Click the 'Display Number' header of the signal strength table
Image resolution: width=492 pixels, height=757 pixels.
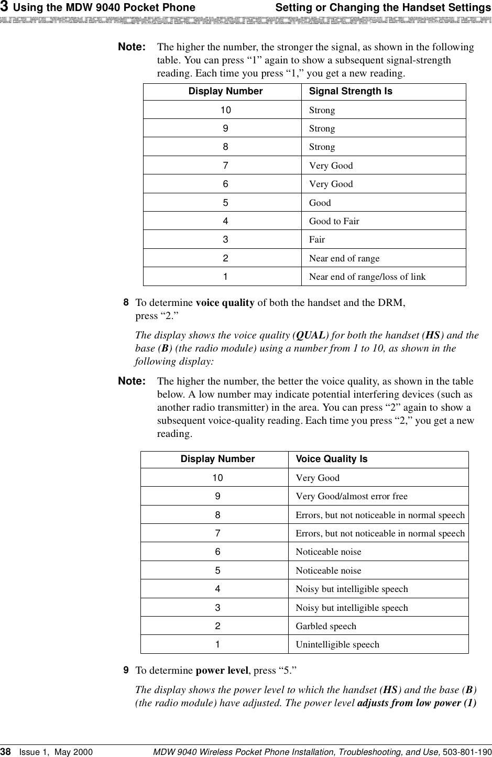pos(225,91)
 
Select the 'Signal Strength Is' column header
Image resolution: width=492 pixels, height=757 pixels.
pos(351,91)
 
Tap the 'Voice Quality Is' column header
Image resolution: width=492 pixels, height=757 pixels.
pos(332,459)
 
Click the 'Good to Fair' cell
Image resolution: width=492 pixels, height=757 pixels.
pos(334,221)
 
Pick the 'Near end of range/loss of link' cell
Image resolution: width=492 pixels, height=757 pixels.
pos(367,277)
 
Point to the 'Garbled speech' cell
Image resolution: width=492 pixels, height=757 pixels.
pos(326,626)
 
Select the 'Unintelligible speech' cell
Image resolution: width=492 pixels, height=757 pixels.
pos(337,644)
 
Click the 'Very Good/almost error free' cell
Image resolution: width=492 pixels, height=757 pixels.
pos(351,496)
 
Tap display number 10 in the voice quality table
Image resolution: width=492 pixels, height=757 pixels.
pos(217,478)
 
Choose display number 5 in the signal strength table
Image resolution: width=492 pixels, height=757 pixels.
pos(225,203)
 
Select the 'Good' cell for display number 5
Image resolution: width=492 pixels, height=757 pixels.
pos(320,203)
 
